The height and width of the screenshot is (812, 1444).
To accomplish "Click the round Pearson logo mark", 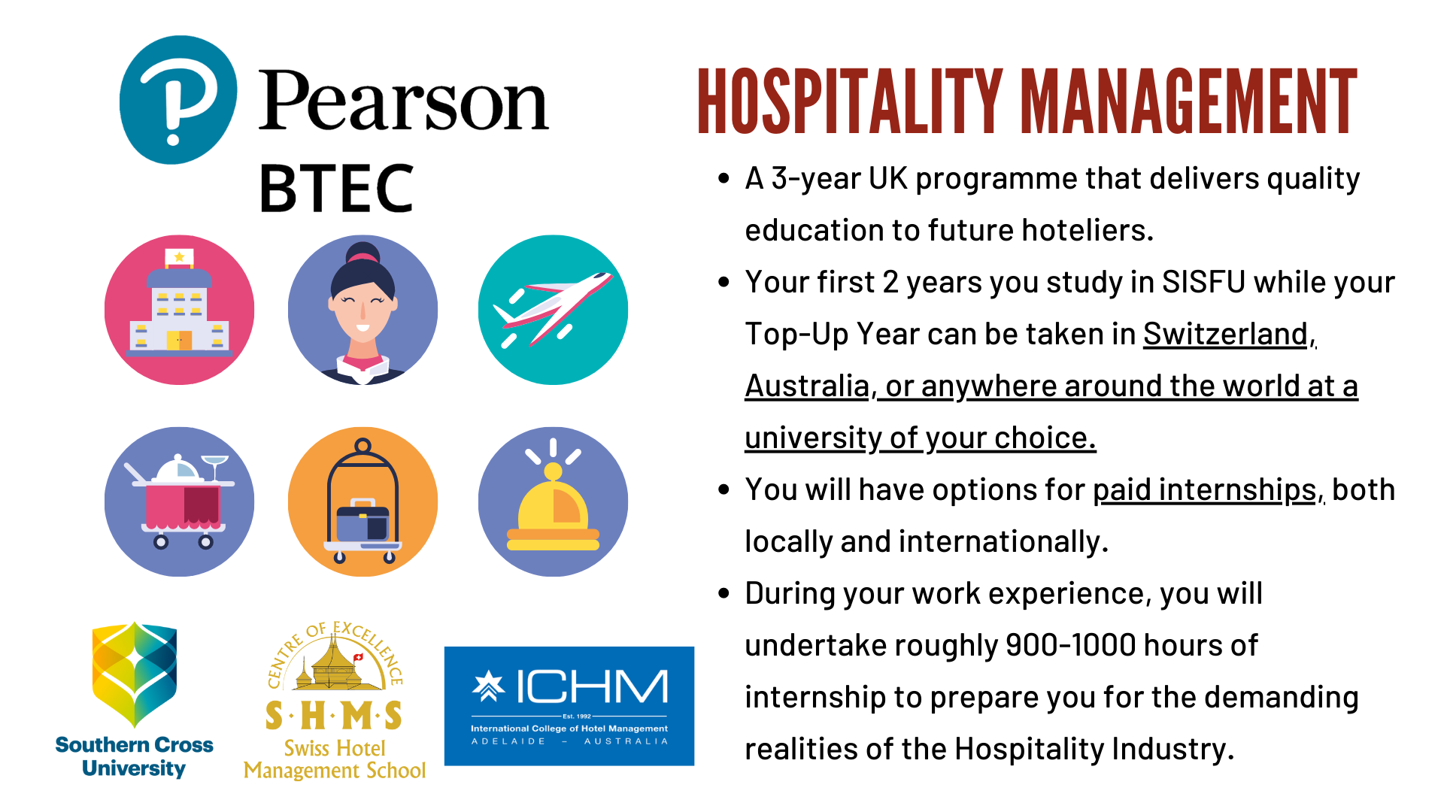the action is coord(178,100).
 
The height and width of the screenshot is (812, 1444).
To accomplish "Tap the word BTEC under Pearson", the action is coord(336,188).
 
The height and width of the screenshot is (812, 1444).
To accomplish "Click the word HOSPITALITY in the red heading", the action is coord(850,101).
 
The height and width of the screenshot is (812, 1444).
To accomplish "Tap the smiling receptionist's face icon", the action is coord(363,310).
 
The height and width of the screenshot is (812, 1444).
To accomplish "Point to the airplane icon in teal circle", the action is coord(553,310).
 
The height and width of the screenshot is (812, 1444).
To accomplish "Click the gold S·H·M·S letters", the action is coord(334,716).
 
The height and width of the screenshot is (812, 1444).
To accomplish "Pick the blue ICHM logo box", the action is coord(569,706).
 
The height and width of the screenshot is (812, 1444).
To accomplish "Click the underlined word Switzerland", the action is coord(1226,335).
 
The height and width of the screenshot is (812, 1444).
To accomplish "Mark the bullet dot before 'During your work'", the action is coord(724,593).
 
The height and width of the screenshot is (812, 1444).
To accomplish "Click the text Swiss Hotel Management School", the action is coord(335,759).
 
